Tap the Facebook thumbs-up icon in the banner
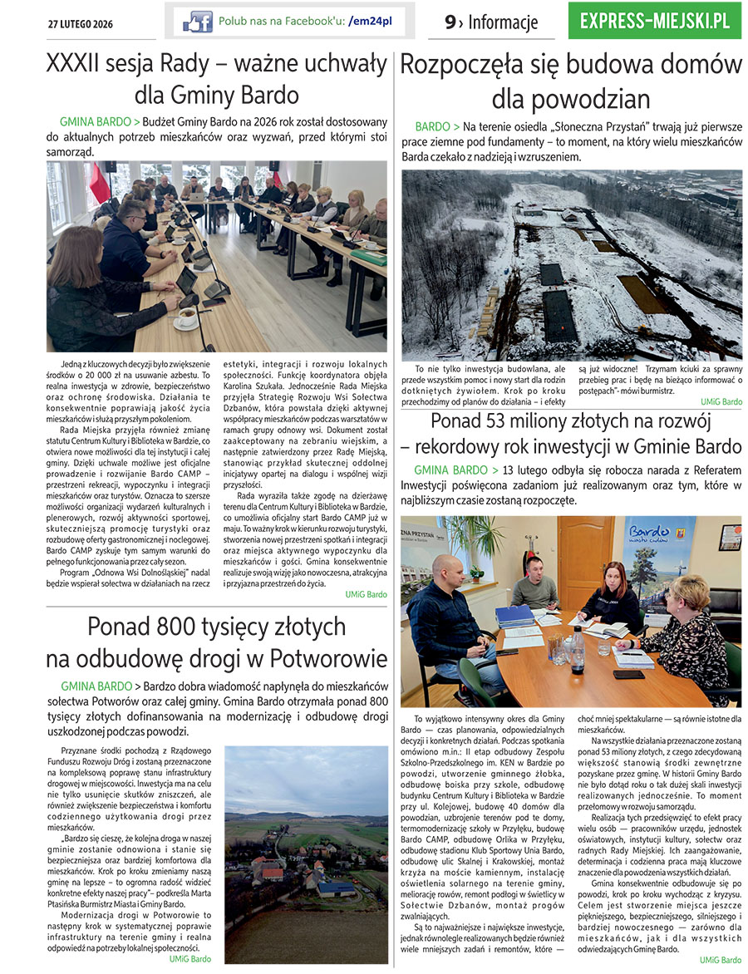click(x=197, y=21)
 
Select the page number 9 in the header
click(x=450, y=22)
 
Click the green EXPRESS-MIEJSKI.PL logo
click(x=654, y=21)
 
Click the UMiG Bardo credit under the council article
click(x=366, y=594)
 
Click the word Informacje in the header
click(x=503, y=22)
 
